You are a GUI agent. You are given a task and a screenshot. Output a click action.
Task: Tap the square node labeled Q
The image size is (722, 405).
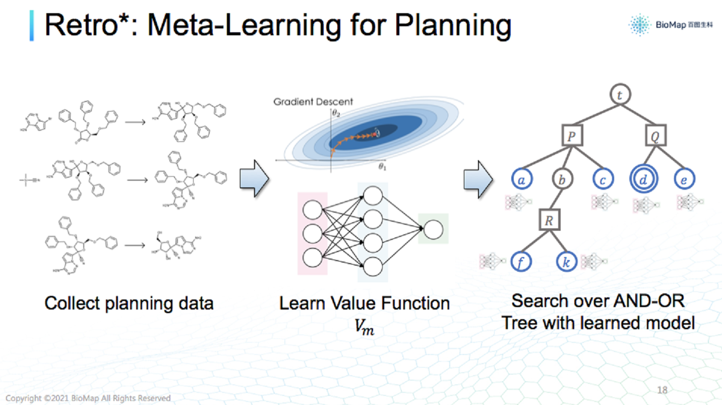[x=656, y=136]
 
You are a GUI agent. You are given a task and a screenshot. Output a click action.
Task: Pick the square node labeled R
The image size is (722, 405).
[x=549, y=220]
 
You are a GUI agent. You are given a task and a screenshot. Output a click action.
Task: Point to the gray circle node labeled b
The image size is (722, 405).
[x=562, y=178]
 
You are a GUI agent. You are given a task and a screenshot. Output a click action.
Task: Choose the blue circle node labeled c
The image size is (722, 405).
[x=603, y=178]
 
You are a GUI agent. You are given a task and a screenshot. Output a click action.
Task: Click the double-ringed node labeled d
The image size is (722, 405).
[x=642, y=178]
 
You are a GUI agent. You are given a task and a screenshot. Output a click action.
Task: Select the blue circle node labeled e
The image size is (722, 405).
[x=684, y=178]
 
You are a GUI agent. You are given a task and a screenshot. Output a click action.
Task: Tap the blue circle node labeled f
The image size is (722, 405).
[x=521, y=261]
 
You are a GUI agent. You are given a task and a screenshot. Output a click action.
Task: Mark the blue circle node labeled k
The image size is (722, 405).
[x=567, y=261]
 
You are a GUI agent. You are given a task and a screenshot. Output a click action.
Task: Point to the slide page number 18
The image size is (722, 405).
[x=663, y=390]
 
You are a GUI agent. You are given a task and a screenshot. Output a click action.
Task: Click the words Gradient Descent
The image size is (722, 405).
[x=313, y=102]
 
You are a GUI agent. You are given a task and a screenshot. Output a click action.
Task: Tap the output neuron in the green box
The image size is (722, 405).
[x=433, y=229]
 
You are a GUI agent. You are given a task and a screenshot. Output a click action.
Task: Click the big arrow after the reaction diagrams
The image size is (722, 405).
[x=254, y=179]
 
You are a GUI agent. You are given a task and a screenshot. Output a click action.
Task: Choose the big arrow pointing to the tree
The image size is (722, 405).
[x=477, y=179]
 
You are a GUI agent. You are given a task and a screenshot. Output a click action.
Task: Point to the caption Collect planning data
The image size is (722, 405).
[x=129, y=303]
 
